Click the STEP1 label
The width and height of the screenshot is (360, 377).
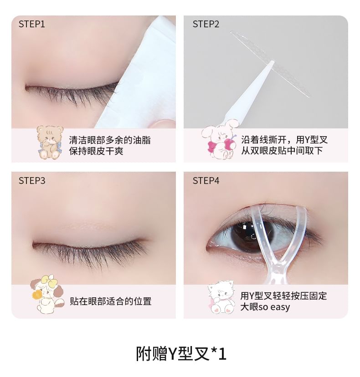32,24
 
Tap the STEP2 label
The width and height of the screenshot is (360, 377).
206,24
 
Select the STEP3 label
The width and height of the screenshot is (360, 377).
32,181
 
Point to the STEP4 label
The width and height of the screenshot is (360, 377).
206,181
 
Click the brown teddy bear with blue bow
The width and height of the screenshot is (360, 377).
49,142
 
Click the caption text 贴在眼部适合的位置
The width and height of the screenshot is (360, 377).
110,301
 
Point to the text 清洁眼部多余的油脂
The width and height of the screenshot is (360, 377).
110,139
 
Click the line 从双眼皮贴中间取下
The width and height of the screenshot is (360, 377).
282,151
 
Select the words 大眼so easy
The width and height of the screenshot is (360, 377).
265,307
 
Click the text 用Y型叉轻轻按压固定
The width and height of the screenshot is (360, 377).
283,295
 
